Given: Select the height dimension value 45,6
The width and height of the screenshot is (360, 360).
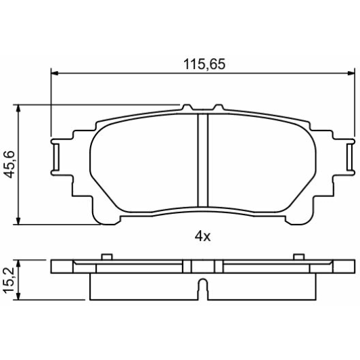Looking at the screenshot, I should click(9, 164).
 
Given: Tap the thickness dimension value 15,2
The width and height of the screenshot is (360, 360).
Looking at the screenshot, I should click(9, 279).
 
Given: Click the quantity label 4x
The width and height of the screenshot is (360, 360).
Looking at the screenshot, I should click(203, 236).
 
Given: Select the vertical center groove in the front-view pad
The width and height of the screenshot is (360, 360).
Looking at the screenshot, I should click(201, 160).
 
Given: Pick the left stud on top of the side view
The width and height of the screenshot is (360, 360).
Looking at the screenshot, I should click(106, 257).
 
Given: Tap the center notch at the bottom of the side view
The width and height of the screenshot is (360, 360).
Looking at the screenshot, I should click(202, 287).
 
